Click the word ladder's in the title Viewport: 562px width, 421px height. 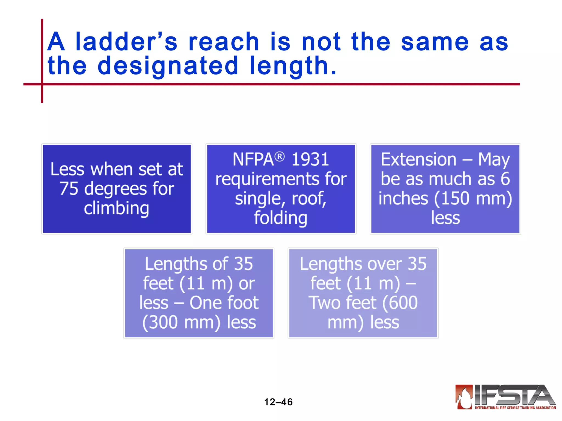coord(126,42)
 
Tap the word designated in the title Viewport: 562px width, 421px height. coord(168,66)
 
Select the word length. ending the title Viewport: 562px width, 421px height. coord(293,66)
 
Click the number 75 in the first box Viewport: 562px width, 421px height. coord(69,189)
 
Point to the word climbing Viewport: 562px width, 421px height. coord(117,208)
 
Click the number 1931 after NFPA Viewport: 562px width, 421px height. coord(310,159)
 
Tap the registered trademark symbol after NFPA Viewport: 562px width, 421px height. coord(280,157)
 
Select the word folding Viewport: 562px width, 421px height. coord(280,218)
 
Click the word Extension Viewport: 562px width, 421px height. coord(418,159)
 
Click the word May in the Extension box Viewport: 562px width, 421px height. coord(494,160)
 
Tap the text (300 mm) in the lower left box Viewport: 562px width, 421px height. coord(181,322)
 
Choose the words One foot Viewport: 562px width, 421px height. coord(224,303)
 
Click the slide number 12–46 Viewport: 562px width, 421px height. coord(278,402)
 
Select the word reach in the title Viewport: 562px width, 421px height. coord(224,42)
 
